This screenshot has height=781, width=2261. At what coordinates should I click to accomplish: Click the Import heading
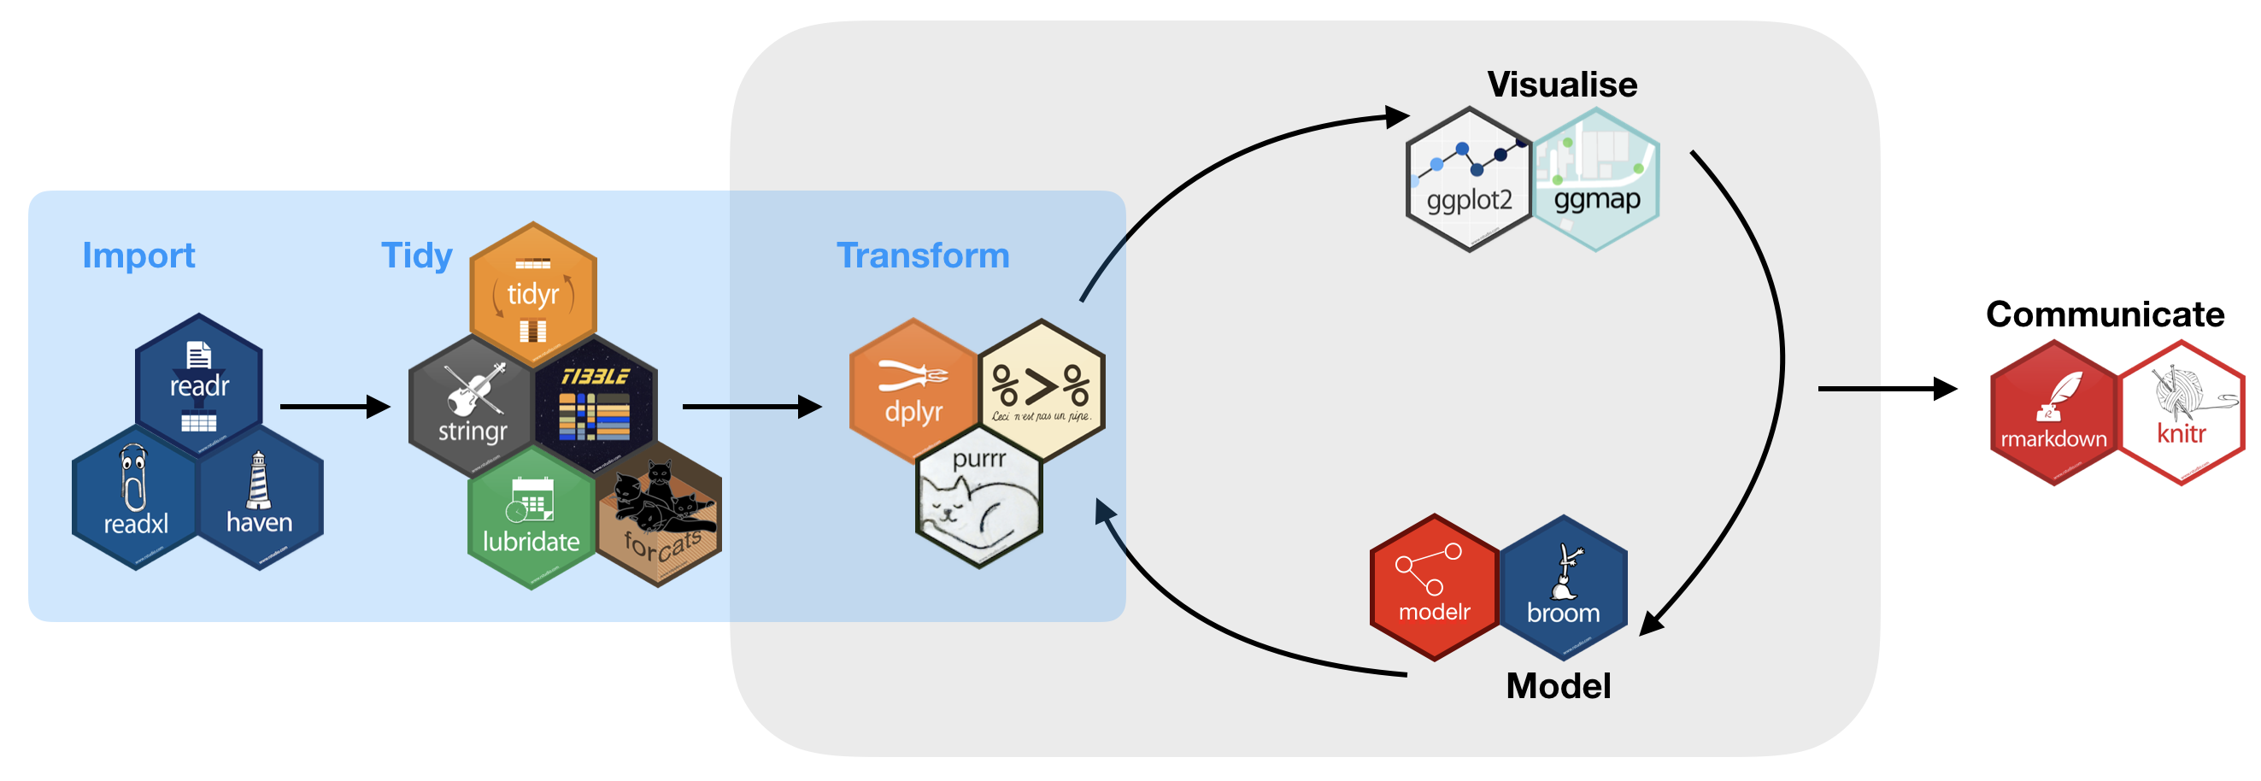click(x=138, y=255)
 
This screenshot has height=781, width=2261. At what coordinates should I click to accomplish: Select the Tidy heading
click(x=416, y=255)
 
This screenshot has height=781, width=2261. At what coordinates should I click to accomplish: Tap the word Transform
click(x=923, y=255)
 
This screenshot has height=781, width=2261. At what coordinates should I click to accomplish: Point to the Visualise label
click(x=1561, y=85)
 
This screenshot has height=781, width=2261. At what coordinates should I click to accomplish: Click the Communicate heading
click(x=2104, y=314)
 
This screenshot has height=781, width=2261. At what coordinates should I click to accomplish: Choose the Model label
click(x=1558, y=685)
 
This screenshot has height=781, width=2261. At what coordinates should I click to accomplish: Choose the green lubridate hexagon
click(x=531, y=518)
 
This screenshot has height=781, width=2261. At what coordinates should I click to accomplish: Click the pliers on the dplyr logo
click(x=913, y=376)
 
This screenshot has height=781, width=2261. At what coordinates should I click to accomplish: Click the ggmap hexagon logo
click(x=1595, y=180)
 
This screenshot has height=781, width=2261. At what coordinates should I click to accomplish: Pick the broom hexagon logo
click(x=1563, y=588)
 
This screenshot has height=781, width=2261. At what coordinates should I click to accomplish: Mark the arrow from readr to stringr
click(x=334, y=406)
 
